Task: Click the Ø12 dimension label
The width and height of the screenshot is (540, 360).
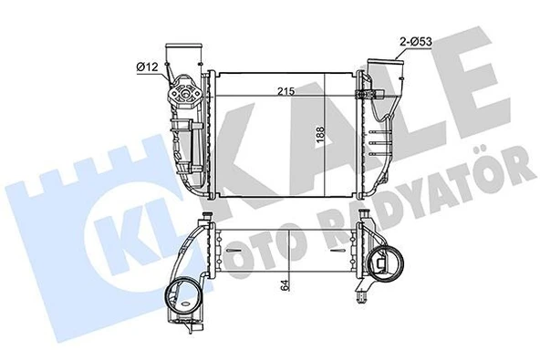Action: tap(150, 66)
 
